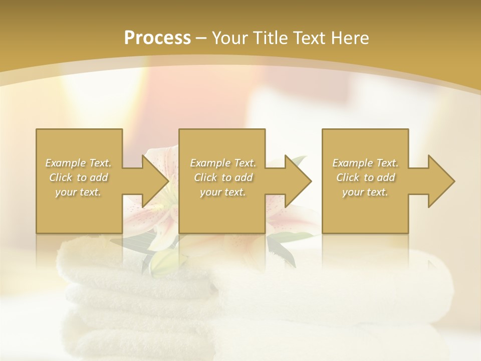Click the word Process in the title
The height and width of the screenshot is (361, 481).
(x=157, y=38)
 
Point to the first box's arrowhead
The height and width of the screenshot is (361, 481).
(x=153, y=181)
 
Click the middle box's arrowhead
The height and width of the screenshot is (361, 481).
(x=296, y=181)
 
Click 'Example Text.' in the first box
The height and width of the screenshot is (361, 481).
(x=78, y=163)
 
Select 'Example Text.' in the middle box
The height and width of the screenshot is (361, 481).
(x=223, y=163)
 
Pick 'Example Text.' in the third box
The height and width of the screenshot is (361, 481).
(x=365, y=163)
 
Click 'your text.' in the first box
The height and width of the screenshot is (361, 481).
(x=78, y=192)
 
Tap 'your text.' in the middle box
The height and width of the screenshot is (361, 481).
(x=223, y=192)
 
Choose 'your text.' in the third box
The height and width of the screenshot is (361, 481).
(x=365, y=192)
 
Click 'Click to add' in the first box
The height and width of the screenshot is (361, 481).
(x=78, y=177)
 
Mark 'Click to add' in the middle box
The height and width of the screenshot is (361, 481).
(x=223, y=177)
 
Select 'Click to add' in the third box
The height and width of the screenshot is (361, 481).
(x=365, y=177)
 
